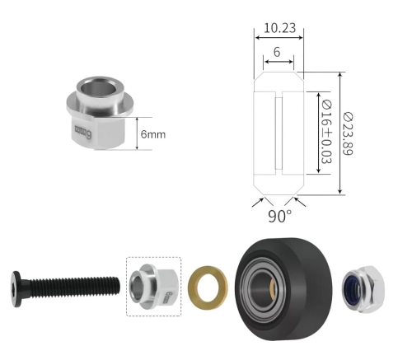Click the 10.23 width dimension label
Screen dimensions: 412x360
279,28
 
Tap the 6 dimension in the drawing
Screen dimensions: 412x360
277,52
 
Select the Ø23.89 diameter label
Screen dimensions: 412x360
348,133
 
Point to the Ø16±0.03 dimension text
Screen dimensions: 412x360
326,133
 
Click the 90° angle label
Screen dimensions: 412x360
280,216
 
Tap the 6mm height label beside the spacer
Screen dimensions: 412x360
153,134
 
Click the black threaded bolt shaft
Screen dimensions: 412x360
73,288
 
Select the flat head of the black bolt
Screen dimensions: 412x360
16,289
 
